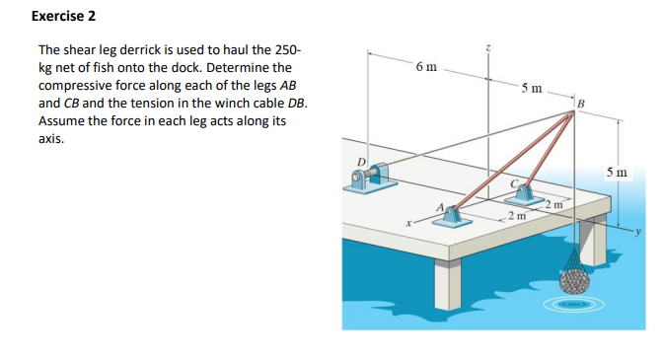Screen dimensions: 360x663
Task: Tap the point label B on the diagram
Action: pyautogui.click(x=580, y=103)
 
